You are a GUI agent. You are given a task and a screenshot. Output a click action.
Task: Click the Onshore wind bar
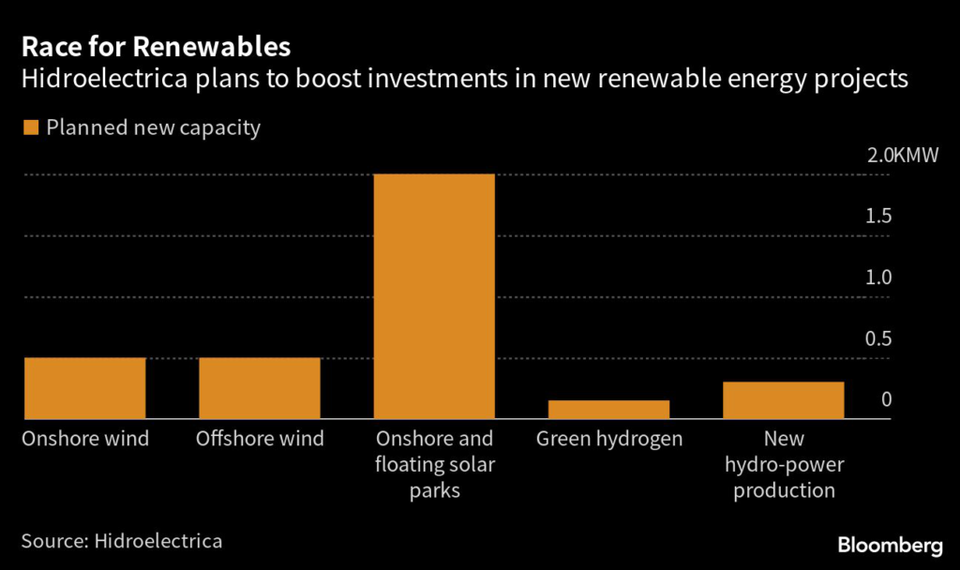(x=84, y=388)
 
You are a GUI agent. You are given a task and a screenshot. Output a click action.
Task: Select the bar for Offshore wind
(x=260, y=388)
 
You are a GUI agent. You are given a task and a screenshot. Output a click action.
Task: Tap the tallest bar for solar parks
(x=434, y=296)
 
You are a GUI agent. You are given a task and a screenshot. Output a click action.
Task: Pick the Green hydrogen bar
(x=608, y=410)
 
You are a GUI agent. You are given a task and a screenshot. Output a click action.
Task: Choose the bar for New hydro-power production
(x=783, y=400)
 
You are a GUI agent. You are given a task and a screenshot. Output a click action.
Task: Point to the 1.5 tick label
(x=878, y=217)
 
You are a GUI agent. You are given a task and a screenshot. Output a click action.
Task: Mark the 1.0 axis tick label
(x=878, y=277)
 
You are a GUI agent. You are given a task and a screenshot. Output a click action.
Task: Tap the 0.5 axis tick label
(x=878, y=338)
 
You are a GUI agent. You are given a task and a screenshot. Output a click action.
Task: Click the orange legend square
(x=30, y=127)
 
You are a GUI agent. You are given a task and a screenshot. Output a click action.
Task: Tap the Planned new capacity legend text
(x=153, y=127)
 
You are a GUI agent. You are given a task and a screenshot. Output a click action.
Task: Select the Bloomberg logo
(x=890, y=545)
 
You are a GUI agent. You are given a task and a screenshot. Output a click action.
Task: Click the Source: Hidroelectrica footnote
(x=122, y=541)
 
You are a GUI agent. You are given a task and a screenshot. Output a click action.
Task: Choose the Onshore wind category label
(x=85, y=439)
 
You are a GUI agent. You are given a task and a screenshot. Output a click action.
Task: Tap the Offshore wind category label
(x=260, y=439)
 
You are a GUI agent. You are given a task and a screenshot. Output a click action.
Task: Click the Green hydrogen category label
(x=609, y=439)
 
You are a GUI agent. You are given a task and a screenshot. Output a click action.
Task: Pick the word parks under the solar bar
(x=434, y=490)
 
